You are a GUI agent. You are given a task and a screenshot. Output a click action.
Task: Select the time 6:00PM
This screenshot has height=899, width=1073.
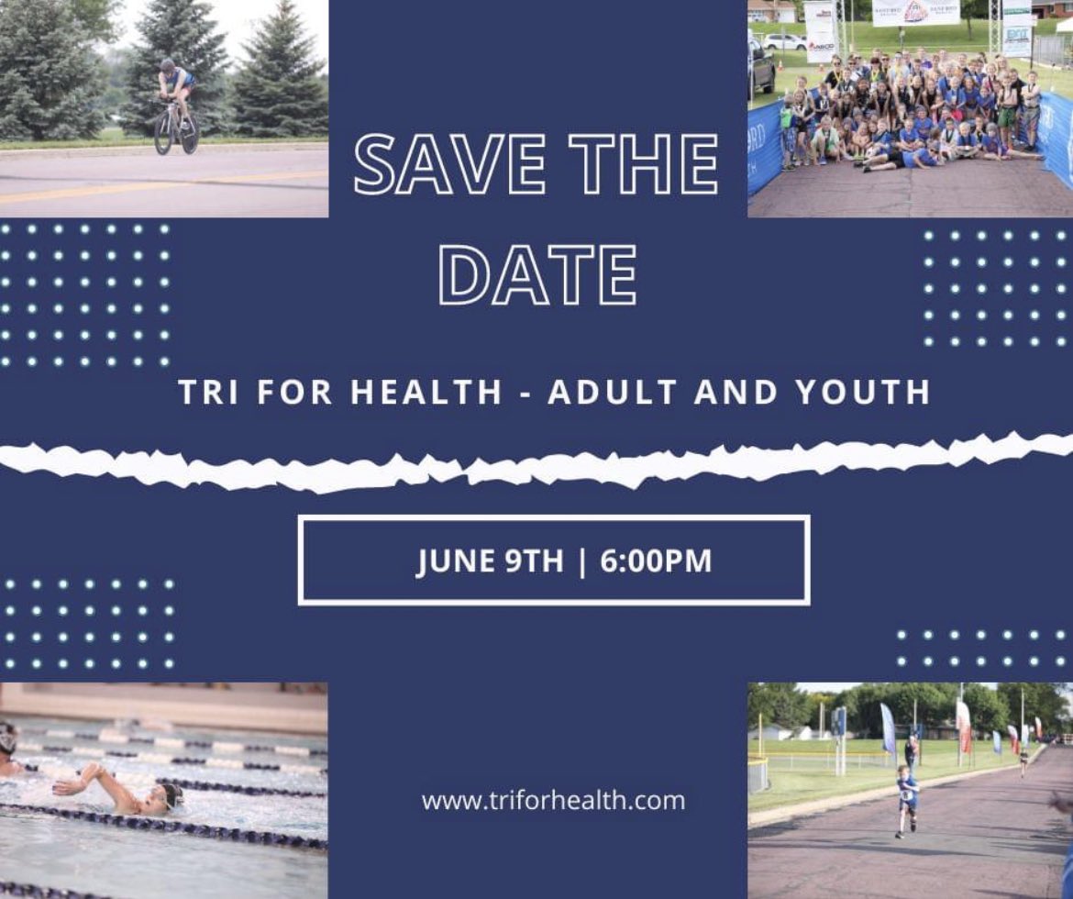656,560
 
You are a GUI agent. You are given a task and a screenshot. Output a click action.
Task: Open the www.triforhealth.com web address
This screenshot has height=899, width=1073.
553,800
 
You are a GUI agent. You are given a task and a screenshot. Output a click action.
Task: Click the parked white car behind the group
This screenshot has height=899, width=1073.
784,41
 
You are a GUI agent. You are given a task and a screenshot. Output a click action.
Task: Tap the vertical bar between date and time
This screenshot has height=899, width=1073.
582,560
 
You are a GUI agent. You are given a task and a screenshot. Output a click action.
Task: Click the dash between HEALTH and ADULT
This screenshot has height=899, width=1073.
525,393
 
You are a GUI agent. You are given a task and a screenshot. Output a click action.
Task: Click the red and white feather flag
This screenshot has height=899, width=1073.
963,725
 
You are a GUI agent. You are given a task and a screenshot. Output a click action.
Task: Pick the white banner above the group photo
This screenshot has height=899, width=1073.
915,12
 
